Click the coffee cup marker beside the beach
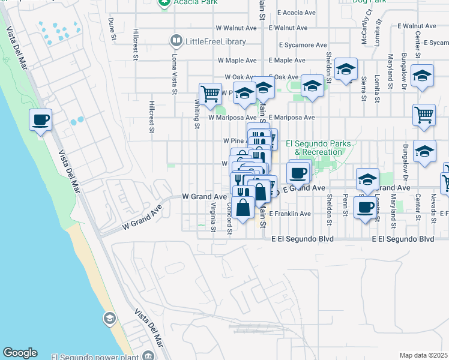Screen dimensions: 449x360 coord(40,120)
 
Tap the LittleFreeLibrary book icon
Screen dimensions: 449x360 coord(176,41)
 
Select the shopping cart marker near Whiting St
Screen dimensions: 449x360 coord(210,94)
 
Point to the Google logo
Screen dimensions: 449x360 coord(20,353)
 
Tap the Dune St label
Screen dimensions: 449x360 coord(112,29)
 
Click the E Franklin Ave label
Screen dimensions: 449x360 coord(290,214)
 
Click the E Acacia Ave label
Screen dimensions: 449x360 coord(292,12)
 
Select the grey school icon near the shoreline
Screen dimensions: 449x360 coord(109,317)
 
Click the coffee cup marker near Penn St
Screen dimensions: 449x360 coord(365,208)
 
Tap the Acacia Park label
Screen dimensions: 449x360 coord(188,3)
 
